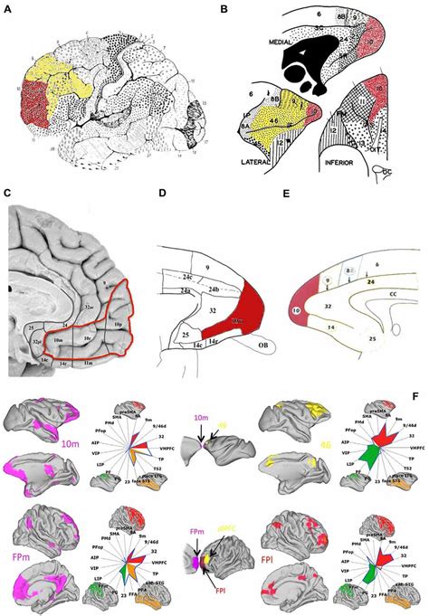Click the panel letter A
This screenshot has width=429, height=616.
pos(7,8)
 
